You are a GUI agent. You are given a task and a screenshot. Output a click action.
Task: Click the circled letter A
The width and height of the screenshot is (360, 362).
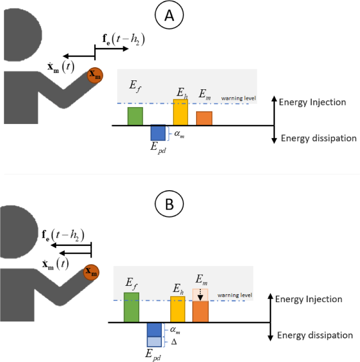169,16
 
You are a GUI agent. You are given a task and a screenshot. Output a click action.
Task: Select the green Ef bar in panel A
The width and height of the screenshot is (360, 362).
135,116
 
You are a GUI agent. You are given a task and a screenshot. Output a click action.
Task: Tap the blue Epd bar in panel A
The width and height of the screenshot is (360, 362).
158,133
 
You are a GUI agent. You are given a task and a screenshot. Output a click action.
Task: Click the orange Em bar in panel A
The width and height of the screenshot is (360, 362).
204,118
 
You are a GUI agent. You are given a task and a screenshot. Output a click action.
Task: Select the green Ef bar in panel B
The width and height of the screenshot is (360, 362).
131,307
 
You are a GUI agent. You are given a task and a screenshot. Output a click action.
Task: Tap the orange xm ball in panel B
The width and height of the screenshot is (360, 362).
91,272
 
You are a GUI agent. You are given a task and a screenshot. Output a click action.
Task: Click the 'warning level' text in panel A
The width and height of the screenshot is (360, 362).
238,98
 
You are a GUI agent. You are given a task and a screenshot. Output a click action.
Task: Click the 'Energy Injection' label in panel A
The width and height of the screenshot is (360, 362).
313,102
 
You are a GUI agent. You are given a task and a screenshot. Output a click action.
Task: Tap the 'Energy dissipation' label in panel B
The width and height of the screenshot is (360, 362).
315,335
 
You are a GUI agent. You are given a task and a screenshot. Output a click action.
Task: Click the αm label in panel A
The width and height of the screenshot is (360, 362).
180,135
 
